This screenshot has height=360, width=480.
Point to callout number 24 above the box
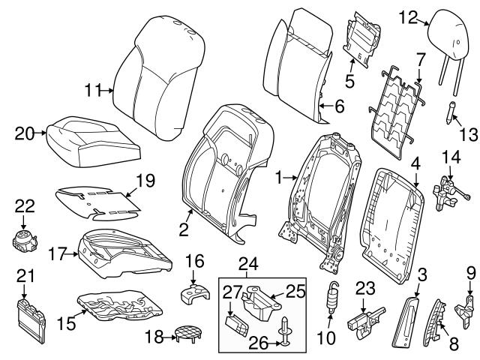tap(247, 263)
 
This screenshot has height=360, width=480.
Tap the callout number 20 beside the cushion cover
tap(25, 133)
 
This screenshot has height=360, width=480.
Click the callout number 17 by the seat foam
tap(63, 253)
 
